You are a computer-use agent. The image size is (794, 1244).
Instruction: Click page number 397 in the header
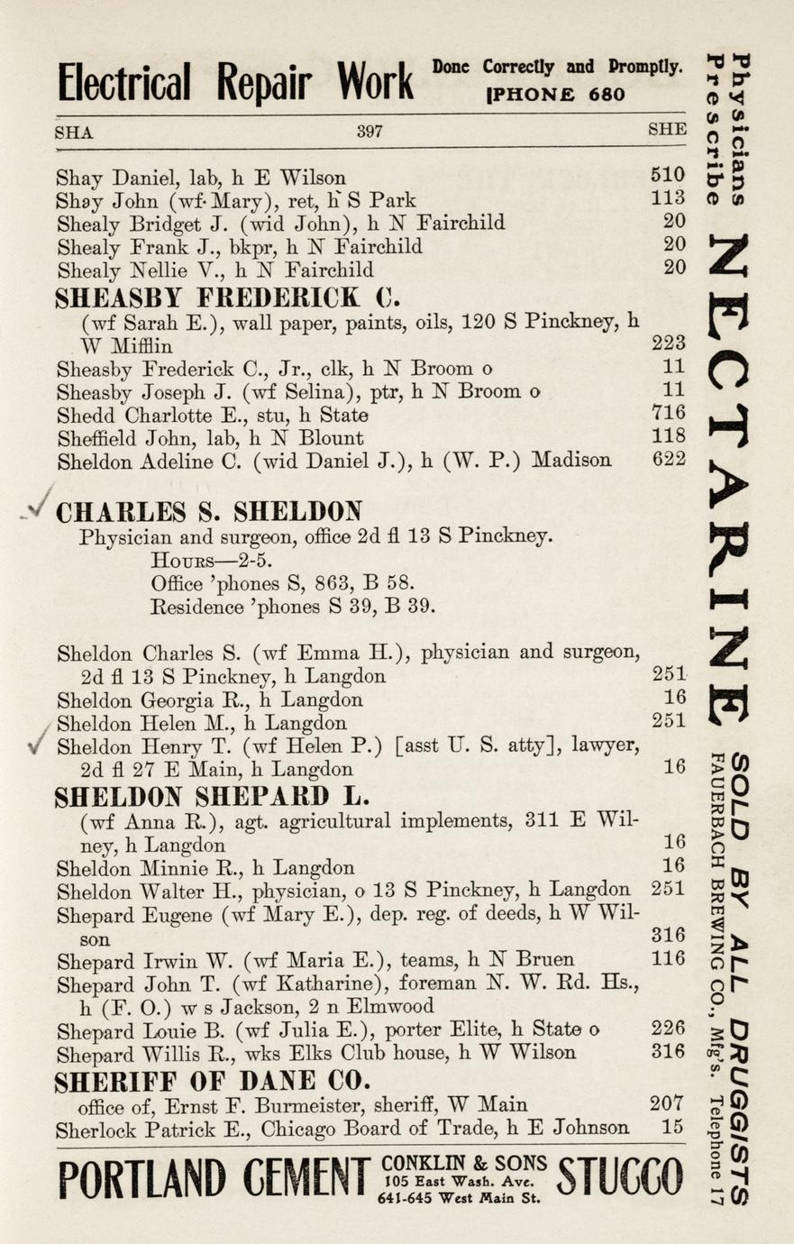(x=370, y=131)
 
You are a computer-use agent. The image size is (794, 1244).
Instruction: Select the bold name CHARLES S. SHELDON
(x=209, y=512)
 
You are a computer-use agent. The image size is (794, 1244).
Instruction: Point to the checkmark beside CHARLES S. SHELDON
(x=38, y=510)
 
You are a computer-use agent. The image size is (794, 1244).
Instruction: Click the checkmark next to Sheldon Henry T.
(x=37, y=745)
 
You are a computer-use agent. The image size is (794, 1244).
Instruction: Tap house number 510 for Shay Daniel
(x=668, y=175)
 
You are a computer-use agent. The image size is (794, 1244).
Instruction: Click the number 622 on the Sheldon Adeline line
(x=668, y=460)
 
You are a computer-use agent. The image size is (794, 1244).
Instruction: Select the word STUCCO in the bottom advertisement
(x=621, y=1178)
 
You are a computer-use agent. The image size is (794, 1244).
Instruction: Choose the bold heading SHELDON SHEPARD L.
(x=214, y=796)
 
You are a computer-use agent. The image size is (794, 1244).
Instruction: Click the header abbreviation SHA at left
(x=74, y=132)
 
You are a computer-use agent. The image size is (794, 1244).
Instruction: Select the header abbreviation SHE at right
(x=667, y=130)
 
